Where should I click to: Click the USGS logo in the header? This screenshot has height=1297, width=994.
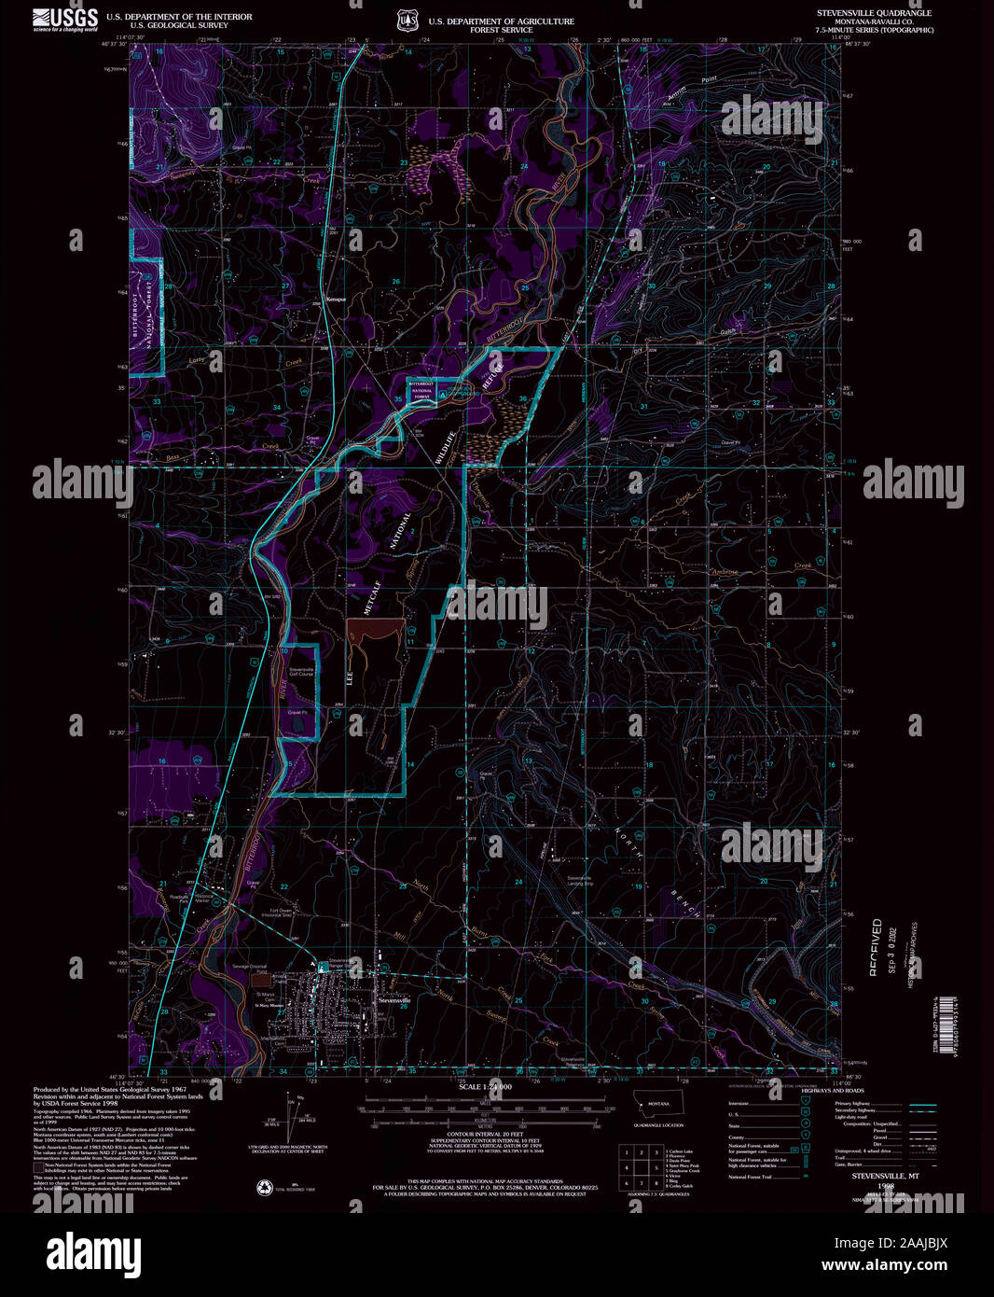64,20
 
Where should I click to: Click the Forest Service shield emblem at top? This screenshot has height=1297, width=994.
405,20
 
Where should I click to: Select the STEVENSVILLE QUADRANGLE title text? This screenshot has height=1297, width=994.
874,14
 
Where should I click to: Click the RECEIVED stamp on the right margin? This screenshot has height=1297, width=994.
877,947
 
